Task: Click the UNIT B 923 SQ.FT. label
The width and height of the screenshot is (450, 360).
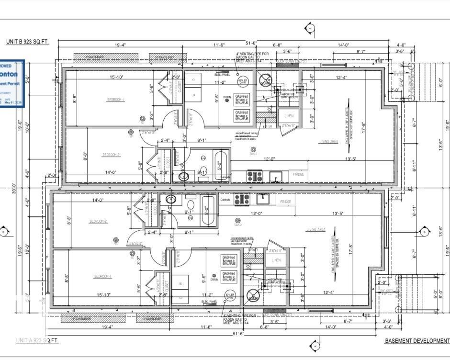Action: (x=27, y=42)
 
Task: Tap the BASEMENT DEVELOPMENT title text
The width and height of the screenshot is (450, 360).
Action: (x=417, y=340)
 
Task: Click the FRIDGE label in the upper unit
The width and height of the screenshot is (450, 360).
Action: (x=299, y=175)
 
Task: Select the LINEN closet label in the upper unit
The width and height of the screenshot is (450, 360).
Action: (x=289, y=116)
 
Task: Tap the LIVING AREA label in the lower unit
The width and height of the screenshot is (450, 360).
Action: (x=316, y=230)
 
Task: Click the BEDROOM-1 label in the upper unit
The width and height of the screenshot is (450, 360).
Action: (x=116, y=100)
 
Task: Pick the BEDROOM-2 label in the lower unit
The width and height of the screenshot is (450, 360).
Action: (x=98, y=221)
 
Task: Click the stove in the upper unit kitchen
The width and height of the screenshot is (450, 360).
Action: (x=253, y=176)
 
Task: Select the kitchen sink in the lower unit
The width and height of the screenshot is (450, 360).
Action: (x=263, y=198)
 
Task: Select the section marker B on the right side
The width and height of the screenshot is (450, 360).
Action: (x=424, y=232)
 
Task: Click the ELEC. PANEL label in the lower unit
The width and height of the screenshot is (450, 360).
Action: (x=209, y=302)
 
